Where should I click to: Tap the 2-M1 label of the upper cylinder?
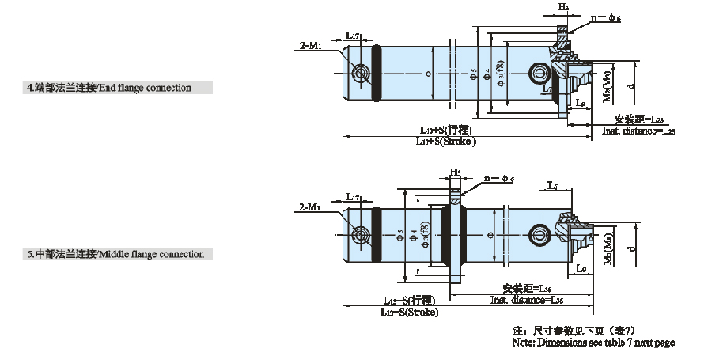[x=310, y=47]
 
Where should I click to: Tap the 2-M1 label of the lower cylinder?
[x=310, y=207]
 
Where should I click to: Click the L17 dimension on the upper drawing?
[x=354, y=36]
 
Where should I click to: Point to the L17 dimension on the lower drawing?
[x=354, y=196]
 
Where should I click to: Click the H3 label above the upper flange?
[x=564, y=7]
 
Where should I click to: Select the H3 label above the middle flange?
[x=456, y=172]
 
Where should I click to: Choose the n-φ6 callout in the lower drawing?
[x=498, y=180]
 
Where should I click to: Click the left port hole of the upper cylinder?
[x=362, y=74]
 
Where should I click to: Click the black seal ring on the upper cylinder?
[x=375, y=73]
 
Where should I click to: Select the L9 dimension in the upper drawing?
[x=580, y=103]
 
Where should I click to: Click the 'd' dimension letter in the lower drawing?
[x=630, y=249]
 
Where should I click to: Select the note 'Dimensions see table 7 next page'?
[x=593, y=343]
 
